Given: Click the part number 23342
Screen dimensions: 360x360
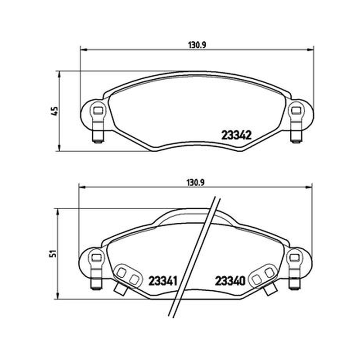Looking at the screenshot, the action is pyautogui.click(x=237, y=135).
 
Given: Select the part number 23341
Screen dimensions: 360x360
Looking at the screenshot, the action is pyautogui.click(x=163, y=281).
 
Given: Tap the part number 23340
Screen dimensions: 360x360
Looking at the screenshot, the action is pyautogui.click(x=230, y=281).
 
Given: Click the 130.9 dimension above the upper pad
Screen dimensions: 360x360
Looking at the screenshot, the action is pyautogui.click(x=197, y=45).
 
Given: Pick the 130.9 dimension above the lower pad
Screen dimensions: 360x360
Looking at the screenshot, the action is pyautogui.click(x=196, y=183).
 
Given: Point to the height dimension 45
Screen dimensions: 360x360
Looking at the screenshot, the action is pyautogui.click(x=55, y=111).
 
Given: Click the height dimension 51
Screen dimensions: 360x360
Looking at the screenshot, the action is pyautogui.click(x=54, y=253).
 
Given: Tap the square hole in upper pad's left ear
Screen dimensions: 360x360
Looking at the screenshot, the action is pyautogui.click(x=98, y=111).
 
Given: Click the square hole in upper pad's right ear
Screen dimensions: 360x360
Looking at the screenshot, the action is pyautogui.click(x=296, y=111).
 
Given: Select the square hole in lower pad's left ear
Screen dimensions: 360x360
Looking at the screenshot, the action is pyautogui.click(x=96, y=257).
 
